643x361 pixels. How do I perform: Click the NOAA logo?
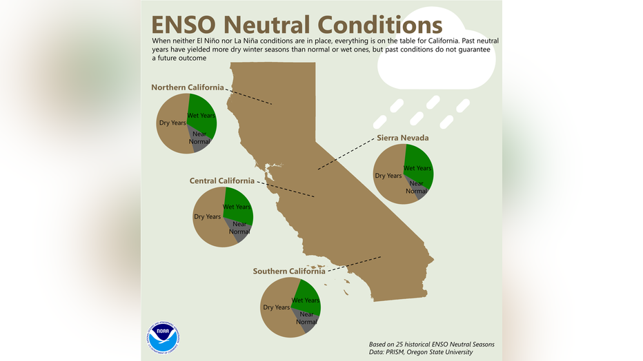click(164, 338)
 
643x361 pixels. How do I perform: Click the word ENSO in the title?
click(184, 25)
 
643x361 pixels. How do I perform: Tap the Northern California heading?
click(188, 87)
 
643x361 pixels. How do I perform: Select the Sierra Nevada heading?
click(403, 138)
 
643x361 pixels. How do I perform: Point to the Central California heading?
click(222, 180)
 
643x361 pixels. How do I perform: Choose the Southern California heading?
click(289, 271)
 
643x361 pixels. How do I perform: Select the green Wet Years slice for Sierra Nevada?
click(419, 167)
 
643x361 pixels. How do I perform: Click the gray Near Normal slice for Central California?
click(239, 229)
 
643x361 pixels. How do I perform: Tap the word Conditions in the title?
click(379, 25)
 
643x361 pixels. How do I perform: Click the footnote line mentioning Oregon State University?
click(421, 352)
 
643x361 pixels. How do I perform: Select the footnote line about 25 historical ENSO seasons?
click(431, 344)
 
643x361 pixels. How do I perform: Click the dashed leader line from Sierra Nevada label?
click(346, 154)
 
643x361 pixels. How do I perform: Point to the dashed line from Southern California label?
click(355, 264)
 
